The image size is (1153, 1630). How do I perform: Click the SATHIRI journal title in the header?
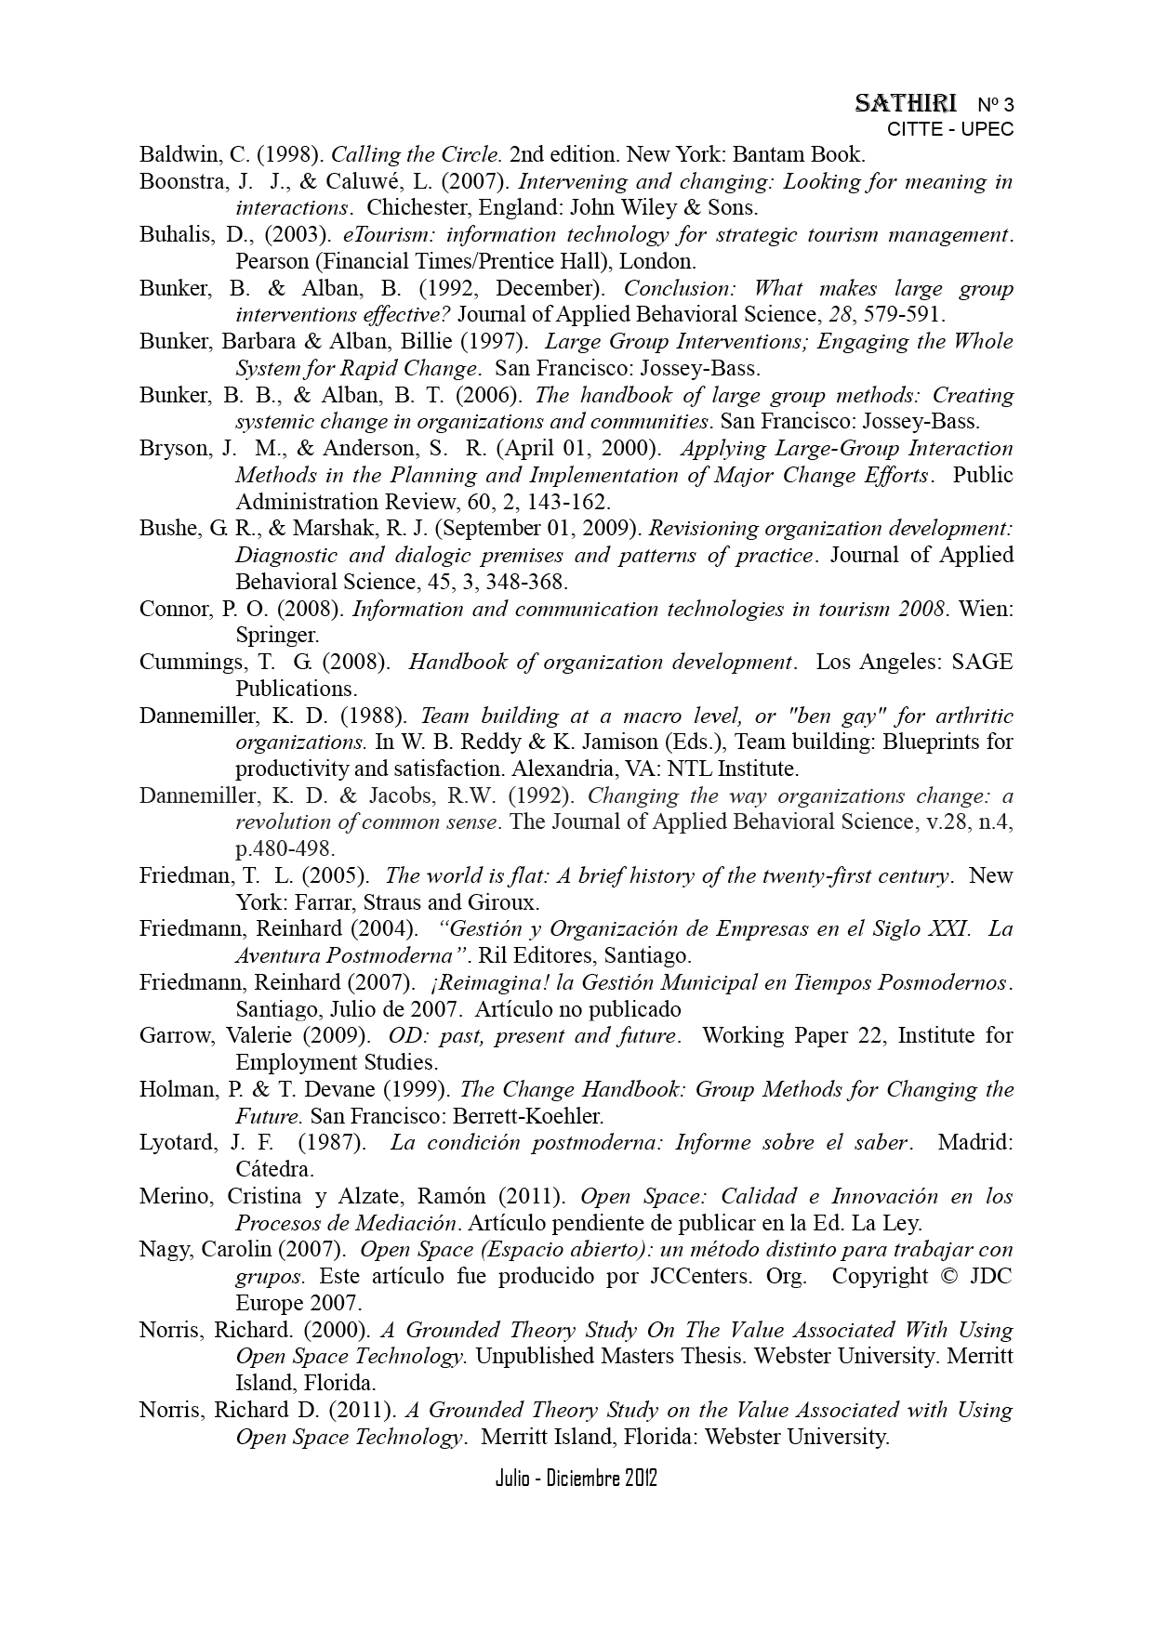[905, 103]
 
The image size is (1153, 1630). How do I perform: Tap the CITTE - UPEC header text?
[950, 129]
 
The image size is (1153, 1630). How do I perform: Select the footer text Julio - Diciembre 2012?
[576, 1479]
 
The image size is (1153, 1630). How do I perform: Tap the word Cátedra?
[275, 1169]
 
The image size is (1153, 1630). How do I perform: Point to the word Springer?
[276, 636]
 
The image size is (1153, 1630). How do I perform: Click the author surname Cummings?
[189, 663]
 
